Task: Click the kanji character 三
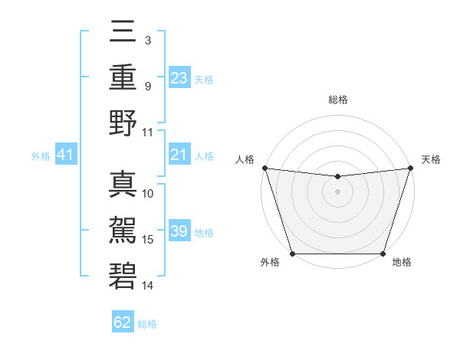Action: [x=123, y=33]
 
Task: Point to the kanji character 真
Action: [x=123, y=185]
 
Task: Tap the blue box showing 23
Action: [x=179, y=78]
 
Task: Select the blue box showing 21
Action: [x=179, y=155]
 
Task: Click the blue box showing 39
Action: [x=179, y=232]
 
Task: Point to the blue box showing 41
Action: [x=66, y=155]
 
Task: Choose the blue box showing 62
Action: [x=123, y=322]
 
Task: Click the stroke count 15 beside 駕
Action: [x=148, y=240]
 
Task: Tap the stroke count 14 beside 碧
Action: [x=148, y=286]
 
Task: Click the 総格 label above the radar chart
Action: [x=337, y=100]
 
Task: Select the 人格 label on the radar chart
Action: [x=245, y=159]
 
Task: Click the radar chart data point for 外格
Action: [x=292, y=254]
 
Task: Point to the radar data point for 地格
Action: [x=383, y=254]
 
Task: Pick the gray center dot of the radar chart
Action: [x=337, y=191]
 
